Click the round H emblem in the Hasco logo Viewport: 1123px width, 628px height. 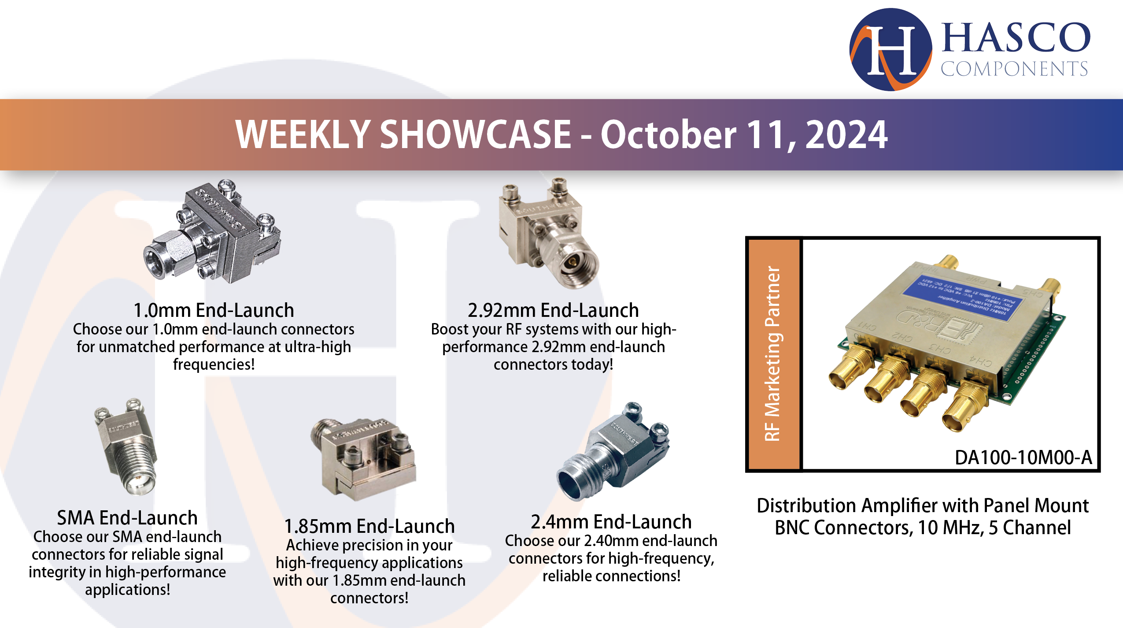(x=890, y=50)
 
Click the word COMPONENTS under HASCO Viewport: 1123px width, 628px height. (x=1014, y=69)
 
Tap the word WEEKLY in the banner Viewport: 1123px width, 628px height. (x=303, y=135)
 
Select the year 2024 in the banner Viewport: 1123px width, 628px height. (x=846, y=135)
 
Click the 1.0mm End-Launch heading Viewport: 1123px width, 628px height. (x=214, y=310)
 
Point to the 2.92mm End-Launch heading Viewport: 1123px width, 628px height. (x=553, y=310)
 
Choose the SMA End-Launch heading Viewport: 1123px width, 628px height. (x=127, y=518)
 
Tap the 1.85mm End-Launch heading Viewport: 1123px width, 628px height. (x=369, y=526)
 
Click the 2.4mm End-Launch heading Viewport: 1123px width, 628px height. (x=611, y=522)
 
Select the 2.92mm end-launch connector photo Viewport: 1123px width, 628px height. (x=548, y=234)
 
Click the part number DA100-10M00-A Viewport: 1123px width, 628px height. (x=1023, y=457)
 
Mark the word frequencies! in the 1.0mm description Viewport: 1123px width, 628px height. (x=214, y=364)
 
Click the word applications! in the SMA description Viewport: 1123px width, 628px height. (x=127, y=589)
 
